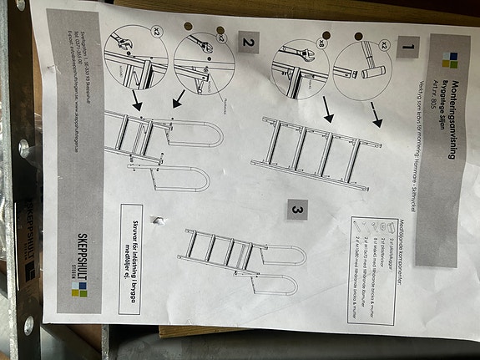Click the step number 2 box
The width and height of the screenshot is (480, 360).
tap(247, 41)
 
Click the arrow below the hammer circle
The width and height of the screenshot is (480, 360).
tap(378, 119)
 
